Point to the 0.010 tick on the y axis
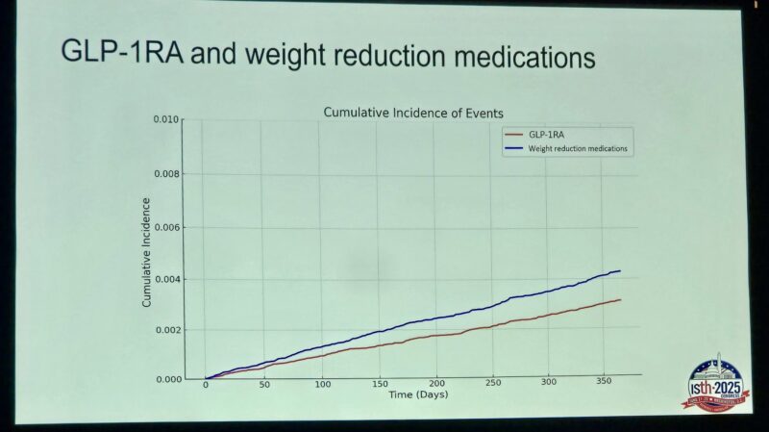point(166,120)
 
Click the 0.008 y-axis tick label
point(166,174)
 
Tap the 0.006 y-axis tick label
point(166,227)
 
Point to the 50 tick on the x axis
point(262,384)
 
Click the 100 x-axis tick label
point(322,384)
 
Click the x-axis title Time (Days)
point(418,395)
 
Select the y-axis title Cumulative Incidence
point(147,252)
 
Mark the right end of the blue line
point(620,270)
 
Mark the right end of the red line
point(620,299)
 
